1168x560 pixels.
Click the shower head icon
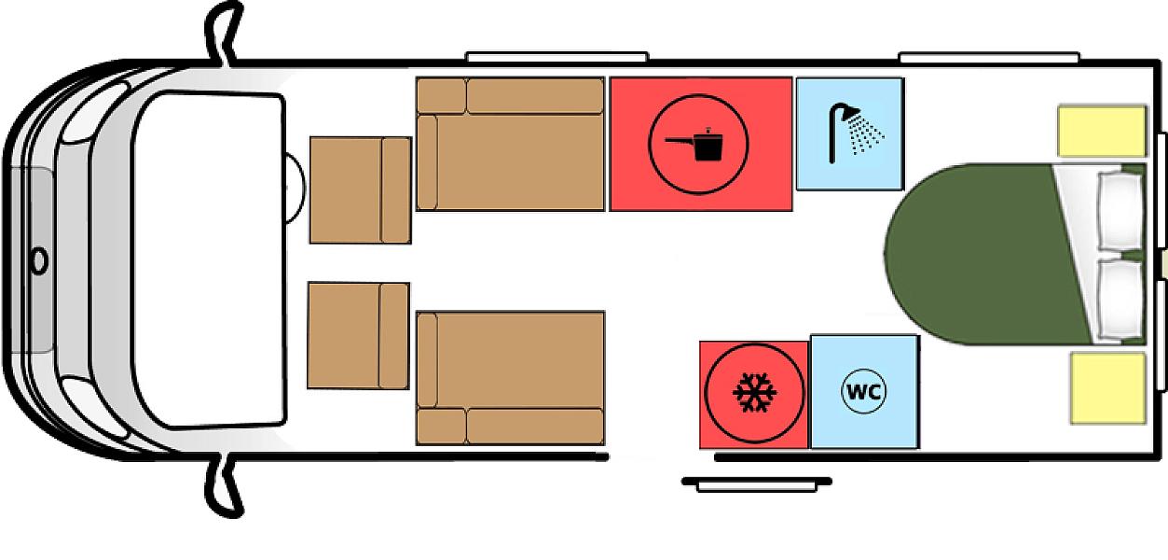coord(854,133)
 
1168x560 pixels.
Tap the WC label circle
coord(864,391)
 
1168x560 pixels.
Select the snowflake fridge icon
coord(754,393)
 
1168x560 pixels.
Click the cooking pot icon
coord(695,144)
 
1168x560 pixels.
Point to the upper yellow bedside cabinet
coord(1103,131)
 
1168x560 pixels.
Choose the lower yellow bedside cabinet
coord(1108,388)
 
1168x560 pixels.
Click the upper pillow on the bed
coord(1120,211)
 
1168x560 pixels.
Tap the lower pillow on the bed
coord(1120,299)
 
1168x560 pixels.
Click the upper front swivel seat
coord(361,190)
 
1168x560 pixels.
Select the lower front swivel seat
coord(359,336)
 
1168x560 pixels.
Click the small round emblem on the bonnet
coord(40,259)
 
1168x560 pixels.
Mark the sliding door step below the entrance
coord(757,483)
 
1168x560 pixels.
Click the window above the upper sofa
coord(557,57)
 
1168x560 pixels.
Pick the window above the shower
coord(989,58)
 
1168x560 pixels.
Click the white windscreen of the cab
coord(209,259)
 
